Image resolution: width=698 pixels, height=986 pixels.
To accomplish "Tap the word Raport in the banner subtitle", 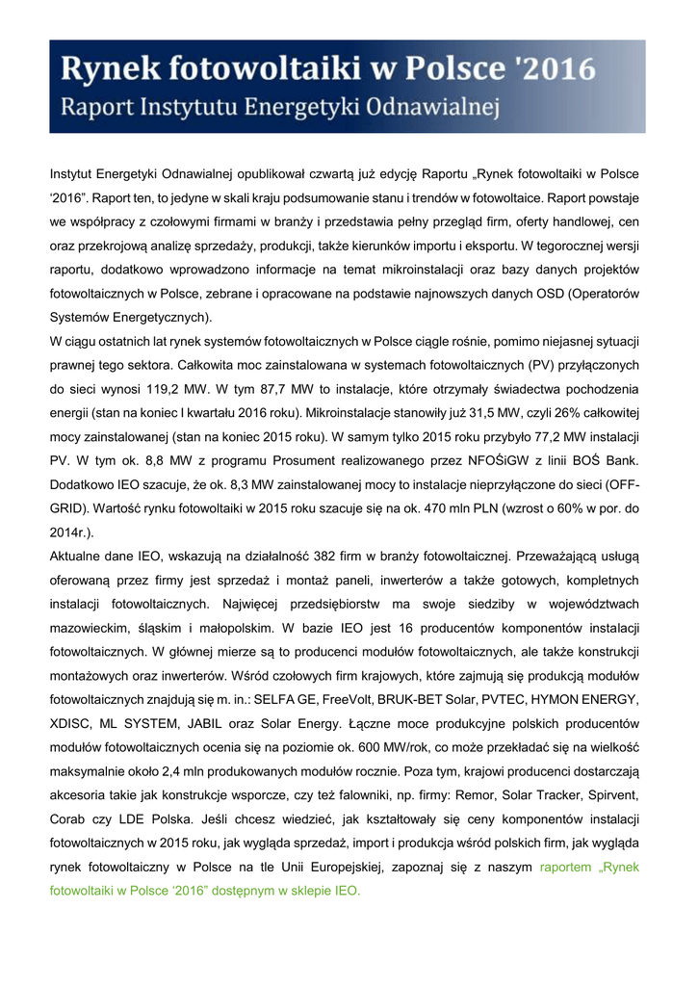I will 99,105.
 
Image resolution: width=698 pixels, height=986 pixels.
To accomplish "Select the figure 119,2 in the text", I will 156,391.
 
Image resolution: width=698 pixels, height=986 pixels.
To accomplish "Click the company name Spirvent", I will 608,793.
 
